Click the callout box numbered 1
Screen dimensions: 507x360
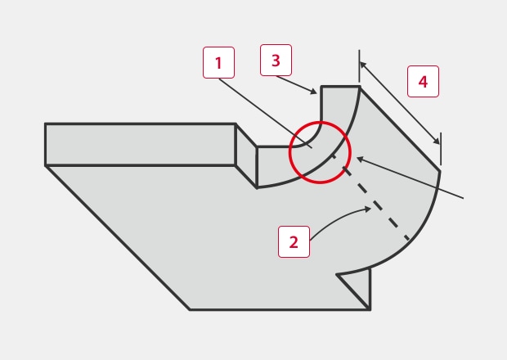click(218, 62)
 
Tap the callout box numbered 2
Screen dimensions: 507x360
click(294, 241)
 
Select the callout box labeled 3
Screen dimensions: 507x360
click(276, 61)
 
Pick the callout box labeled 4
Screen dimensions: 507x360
click(423, 81)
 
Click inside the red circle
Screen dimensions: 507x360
click(320, 152)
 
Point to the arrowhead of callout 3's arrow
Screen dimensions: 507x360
click(314, 92)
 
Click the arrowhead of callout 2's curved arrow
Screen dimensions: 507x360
click(368, 209)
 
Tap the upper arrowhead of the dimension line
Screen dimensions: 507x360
click(363, 65)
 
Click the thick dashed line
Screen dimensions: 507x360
click(371, 198)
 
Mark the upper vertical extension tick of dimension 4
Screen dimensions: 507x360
click(359, 67)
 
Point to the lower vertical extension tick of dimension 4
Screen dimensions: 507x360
click(441, 149)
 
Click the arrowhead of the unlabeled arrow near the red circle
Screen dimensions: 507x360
click(361, 160)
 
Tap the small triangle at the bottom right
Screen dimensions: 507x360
click(359, 286)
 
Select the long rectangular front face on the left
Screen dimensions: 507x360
click(141, 145)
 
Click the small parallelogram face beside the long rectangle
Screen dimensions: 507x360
click(246, 155)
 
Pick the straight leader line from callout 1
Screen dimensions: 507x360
click(265, 113)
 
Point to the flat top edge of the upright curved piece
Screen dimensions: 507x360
click(340, 87)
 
